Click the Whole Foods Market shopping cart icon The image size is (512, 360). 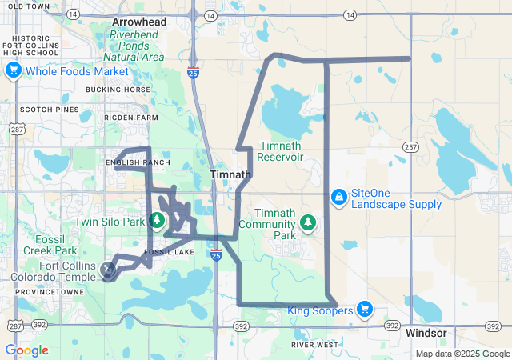13,71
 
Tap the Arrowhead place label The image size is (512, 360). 139,22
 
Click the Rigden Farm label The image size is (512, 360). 131,118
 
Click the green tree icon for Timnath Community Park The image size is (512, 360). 307,222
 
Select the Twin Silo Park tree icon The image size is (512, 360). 158,219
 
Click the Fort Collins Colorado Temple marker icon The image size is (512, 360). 109,271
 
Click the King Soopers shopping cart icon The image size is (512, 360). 365,309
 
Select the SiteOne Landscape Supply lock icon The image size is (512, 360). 339,196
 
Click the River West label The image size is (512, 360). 314,345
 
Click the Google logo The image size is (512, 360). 26,350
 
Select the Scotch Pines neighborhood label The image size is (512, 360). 49,110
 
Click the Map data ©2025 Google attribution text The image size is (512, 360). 462,354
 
